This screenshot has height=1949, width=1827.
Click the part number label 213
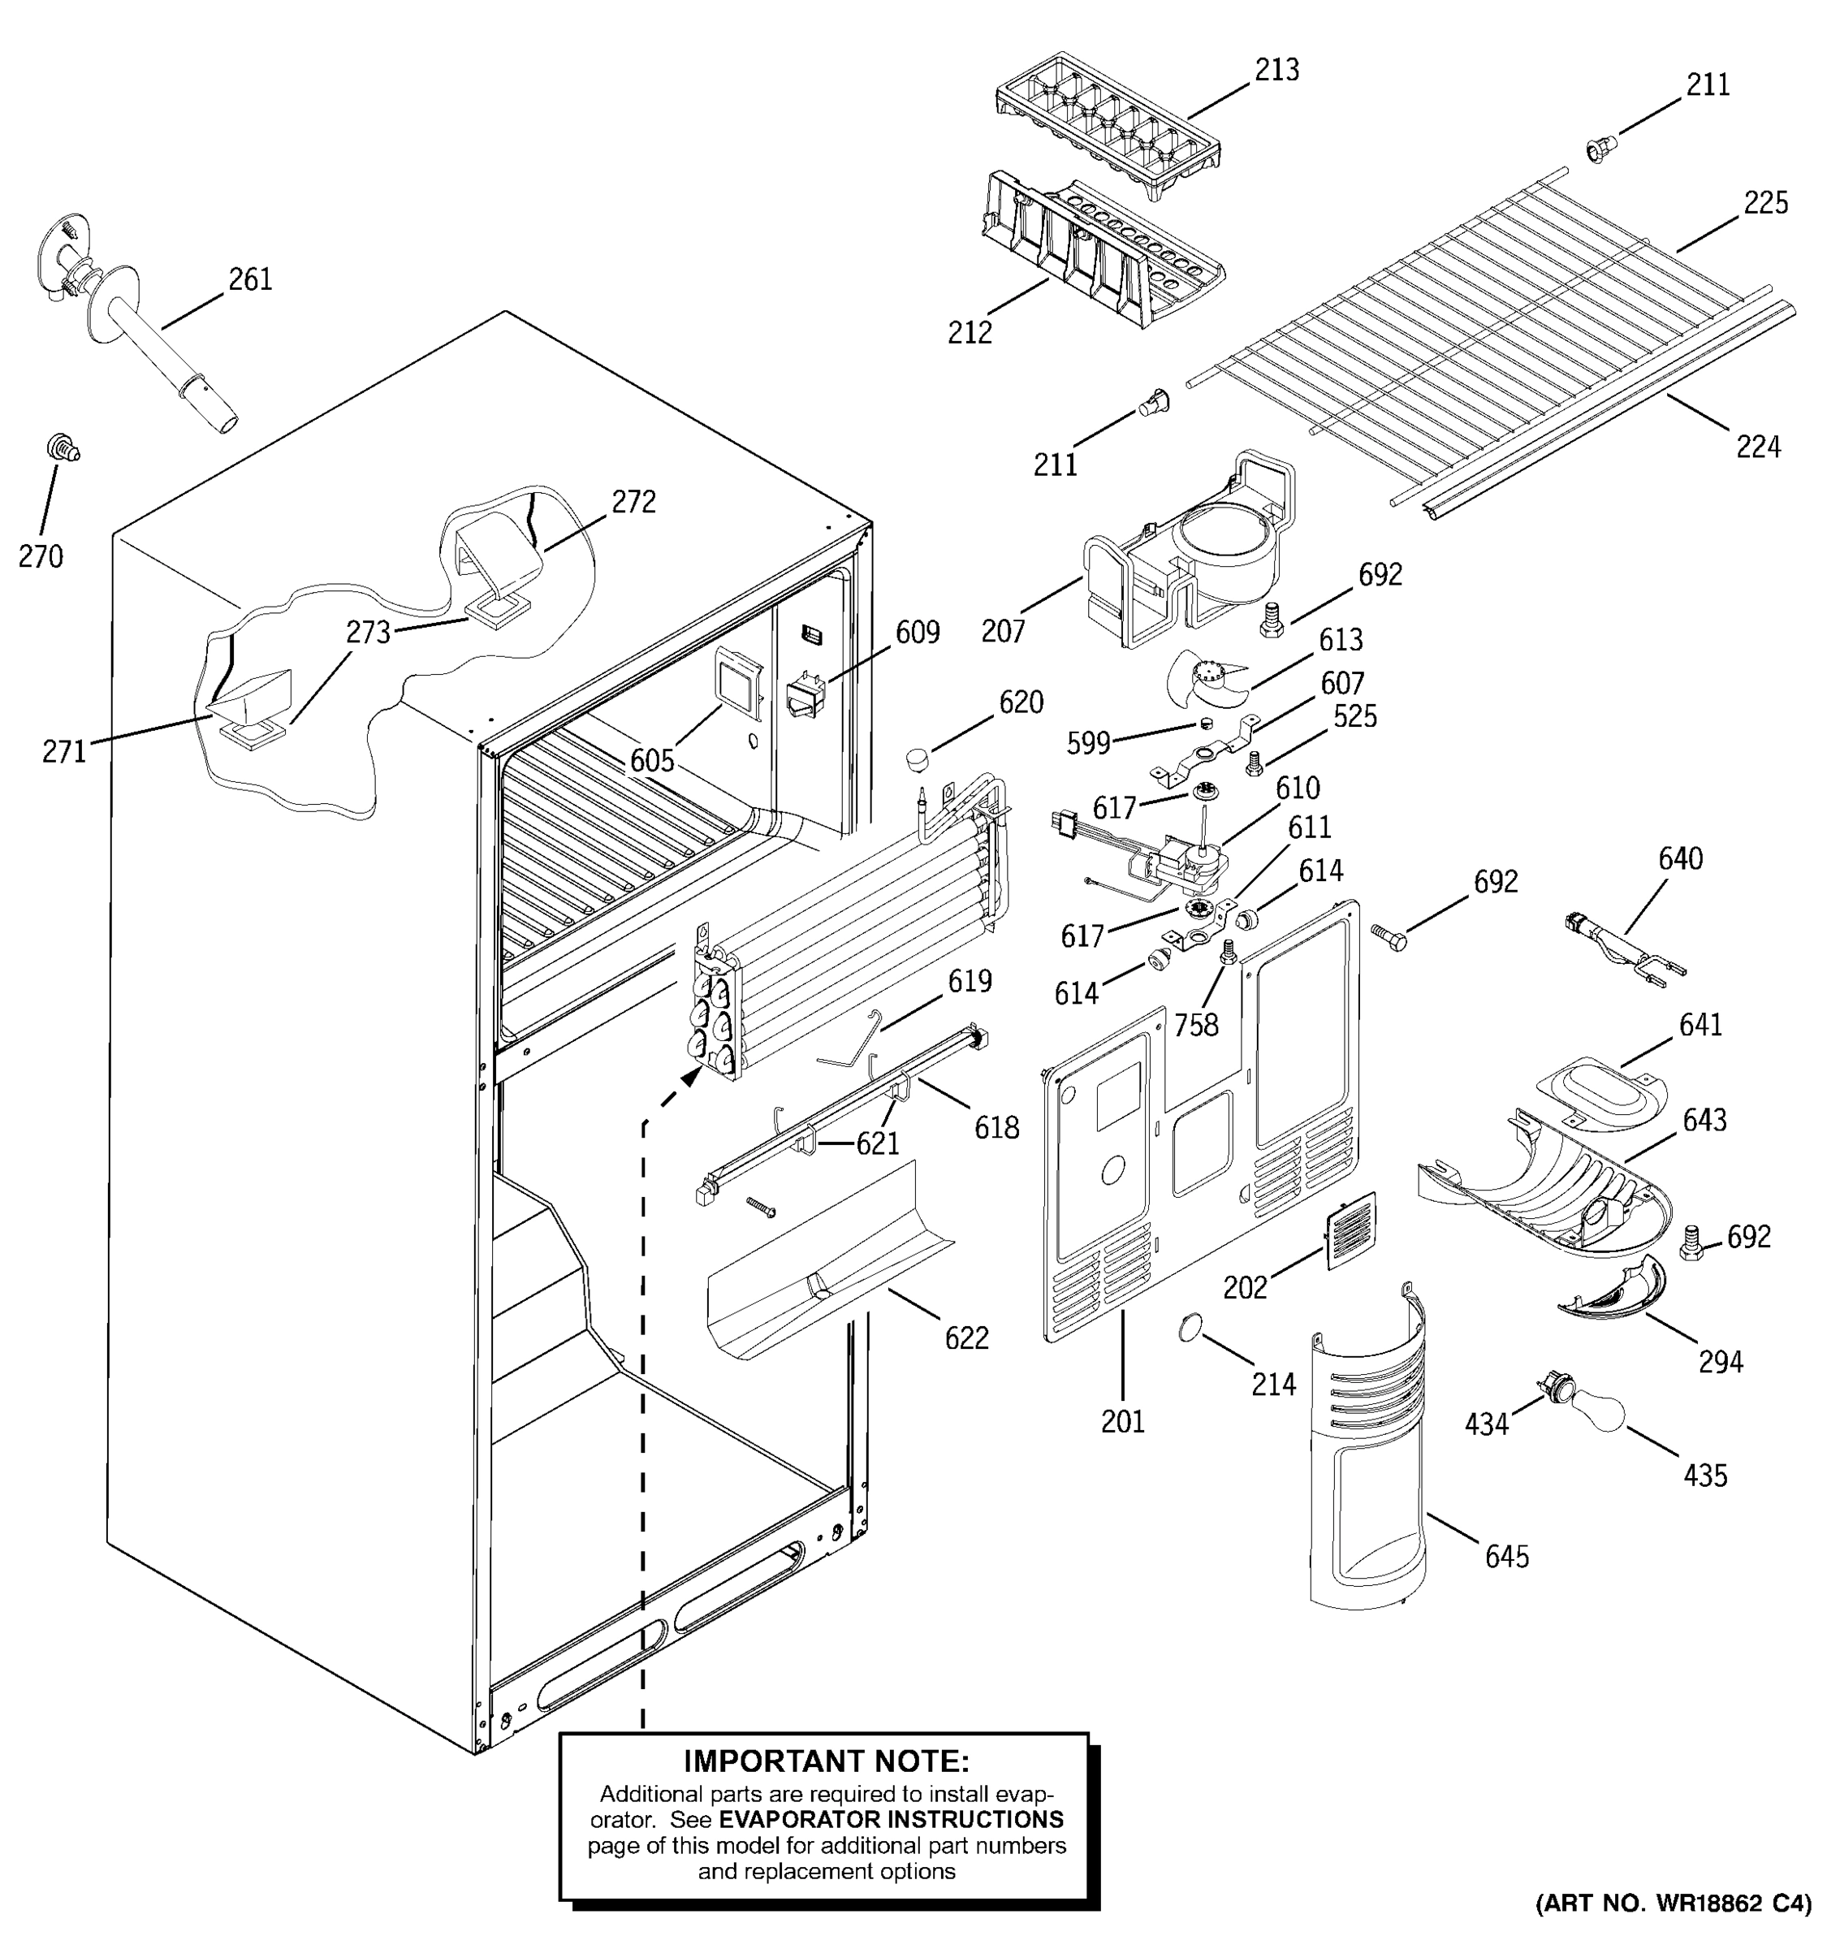[x=1277, y=70]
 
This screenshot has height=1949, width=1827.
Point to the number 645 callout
[x=1506, y=1557]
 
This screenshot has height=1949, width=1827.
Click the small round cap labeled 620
[x=918, y=758]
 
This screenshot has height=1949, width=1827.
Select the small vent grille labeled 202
[x=1352, y=1231]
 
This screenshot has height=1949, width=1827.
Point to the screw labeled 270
[x=63, y=449]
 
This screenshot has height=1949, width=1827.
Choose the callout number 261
[x=250, y=280]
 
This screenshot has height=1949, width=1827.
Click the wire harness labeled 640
[x=1622, y=946]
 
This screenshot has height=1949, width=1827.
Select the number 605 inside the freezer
[x=652, y=760]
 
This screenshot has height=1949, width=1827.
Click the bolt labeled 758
[x=1227, y=952]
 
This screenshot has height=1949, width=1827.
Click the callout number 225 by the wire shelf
[x=1765, y=203]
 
